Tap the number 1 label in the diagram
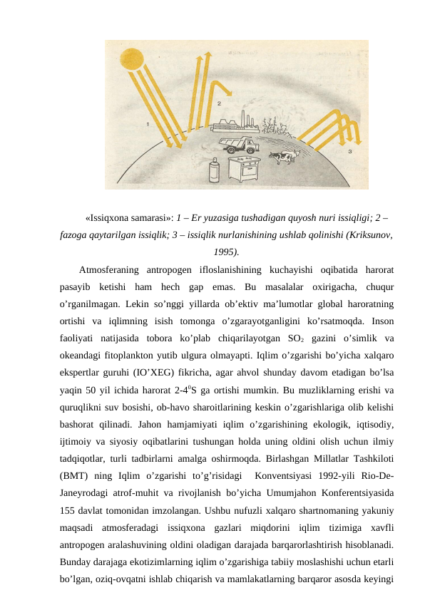147,123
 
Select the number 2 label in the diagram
219,103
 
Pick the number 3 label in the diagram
349,151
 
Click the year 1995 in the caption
225,252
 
